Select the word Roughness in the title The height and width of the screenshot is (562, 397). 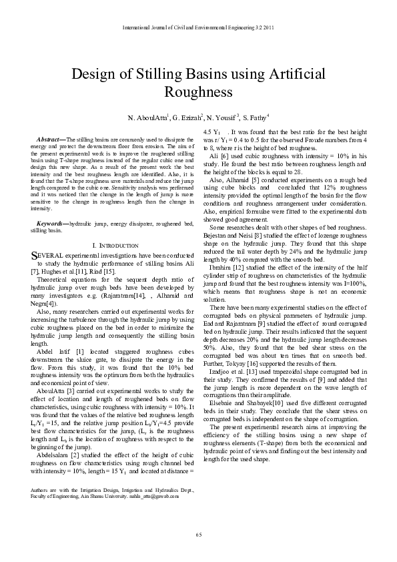click(198, 91)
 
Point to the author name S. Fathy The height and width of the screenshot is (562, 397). click(255, 118)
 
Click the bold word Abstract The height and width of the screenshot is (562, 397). click(51, 139)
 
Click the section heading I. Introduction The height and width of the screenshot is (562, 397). click(115, 246)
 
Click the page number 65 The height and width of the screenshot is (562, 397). click(198, 535)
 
